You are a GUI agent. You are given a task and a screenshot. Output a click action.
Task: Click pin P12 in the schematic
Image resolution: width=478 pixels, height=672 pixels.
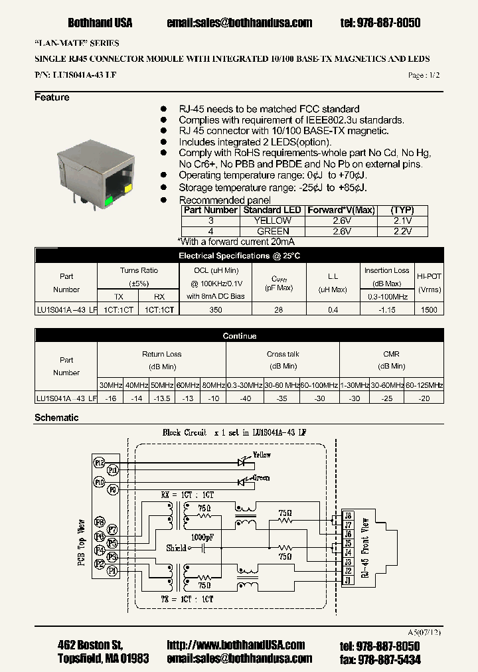[x=100, y=462]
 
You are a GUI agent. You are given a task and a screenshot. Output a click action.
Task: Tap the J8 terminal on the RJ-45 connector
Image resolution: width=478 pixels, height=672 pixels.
[x=347, y=515]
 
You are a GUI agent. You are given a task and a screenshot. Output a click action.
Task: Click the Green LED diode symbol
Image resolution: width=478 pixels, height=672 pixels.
[x=243, y=481]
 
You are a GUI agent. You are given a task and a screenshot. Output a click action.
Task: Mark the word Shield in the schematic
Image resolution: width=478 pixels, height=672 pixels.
[x=176, y=548]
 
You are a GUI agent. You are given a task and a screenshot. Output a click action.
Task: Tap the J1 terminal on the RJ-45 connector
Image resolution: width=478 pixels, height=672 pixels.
[x=347, y=580]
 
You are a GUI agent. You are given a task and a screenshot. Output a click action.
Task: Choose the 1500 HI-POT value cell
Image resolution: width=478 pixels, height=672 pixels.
[x=429, y=310]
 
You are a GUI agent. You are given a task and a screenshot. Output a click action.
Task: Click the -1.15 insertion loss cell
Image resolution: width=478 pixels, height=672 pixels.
[x=386, y=310]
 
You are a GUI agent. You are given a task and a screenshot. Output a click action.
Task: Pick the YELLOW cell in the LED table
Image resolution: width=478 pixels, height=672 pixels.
[x=273, y=220]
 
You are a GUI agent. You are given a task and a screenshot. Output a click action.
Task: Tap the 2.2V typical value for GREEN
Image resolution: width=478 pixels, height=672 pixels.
[x=402, y=231]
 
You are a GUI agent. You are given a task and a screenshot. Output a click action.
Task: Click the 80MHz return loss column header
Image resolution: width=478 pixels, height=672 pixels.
[x=213, y=385]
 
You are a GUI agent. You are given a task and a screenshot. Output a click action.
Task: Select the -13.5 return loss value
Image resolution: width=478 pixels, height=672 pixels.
[x=162, y=398]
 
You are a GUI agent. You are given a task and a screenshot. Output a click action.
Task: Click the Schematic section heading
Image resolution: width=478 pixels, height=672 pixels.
[x=56, y=418]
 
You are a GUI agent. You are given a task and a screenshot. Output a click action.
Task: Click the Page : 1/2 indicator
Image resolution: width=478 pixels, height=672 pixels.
[x=424, y=76]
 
